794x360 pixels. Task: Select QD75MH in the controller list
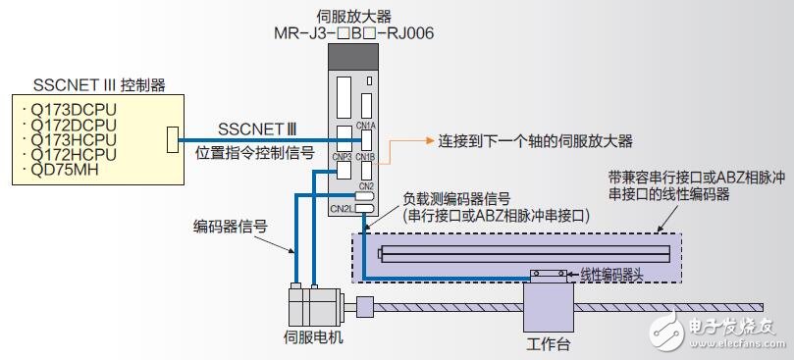[68, 169]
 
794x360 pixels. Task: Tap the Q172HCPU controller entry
[74, 154]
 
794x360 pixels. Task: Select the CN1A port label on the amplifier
[366, 126]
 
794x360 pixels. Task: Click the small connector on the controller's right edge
[174, 139]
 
